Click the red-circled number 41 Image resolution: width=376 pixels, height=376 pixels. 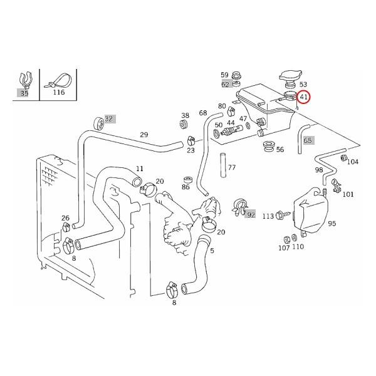click(305, 97)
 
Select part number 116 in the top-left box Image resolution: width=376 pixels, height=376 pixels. click(58, 92)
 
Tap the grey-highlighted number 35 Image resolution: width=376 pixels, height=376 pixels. click(24, 92)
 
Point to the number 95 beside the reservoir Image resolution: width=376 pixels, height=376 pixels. click(332, 223)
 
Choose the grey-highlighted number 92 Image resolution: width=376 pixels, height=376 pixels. click(251, 214)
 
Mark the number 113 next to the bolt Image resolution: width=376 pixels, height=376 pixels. click(268, 216)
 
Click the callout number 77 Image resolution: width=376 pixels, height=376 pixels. click(232, 168)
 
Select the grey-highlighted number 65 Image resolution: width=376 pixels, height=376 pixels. click(308, 140)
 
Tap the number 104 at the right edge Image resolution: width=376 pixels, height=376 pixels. click(353, 161)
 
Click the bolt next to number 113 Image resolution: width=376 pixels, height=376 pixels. click(283, 215)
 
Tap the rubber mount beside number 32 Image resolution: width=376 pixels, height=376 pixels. click(97, 122)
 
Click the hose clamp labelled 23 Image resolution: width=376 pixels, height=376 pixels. click(186, 141)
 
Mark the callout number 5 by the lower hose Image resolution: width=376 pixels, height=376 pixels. click(212, 251)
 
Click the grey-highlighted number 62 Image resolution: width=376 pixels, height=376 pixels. click(225, 84)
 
